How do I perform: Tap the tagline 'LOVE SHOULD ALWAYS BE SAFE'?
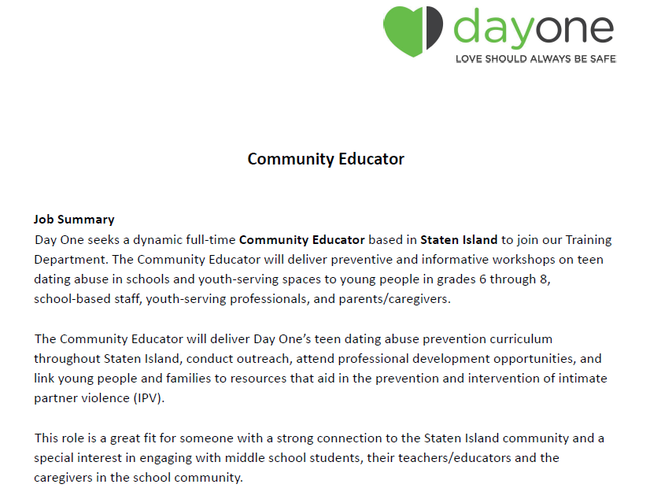point(536,59)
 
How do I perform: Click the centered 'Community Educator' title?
point(326,159)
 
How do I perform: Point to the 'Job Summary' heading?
point(74,220)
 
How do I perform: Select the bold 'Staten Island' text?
point(459,239)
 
